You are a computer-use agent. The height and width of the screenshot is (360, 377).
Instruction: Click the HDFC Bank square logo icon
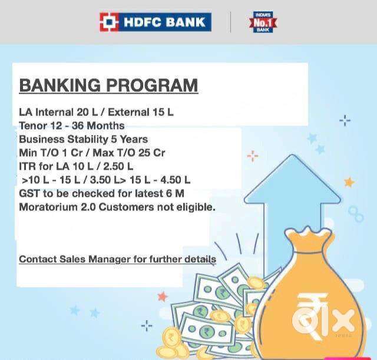[x=108, y=22]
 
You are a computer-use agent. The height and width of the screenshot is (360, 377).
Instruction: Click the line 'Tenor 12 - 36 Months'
[x=72, y=125]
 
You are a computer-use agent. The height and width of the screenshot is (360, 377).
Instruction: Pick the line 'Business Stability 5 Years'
[x=83, y=139]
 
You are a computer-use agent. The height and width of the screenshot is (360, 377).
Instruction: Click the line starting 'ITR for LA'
[x=76, y=166]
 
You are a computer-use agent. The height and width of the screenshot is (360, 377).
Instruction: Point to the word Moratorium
[x=48, y=207]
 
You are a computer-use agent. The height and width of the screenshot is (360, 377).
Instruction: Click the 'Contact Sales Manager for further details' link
[x=117, y=259]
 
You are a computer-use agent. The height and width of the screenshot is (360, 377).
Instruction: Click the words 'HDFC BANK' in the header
[x=164, y=22]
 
